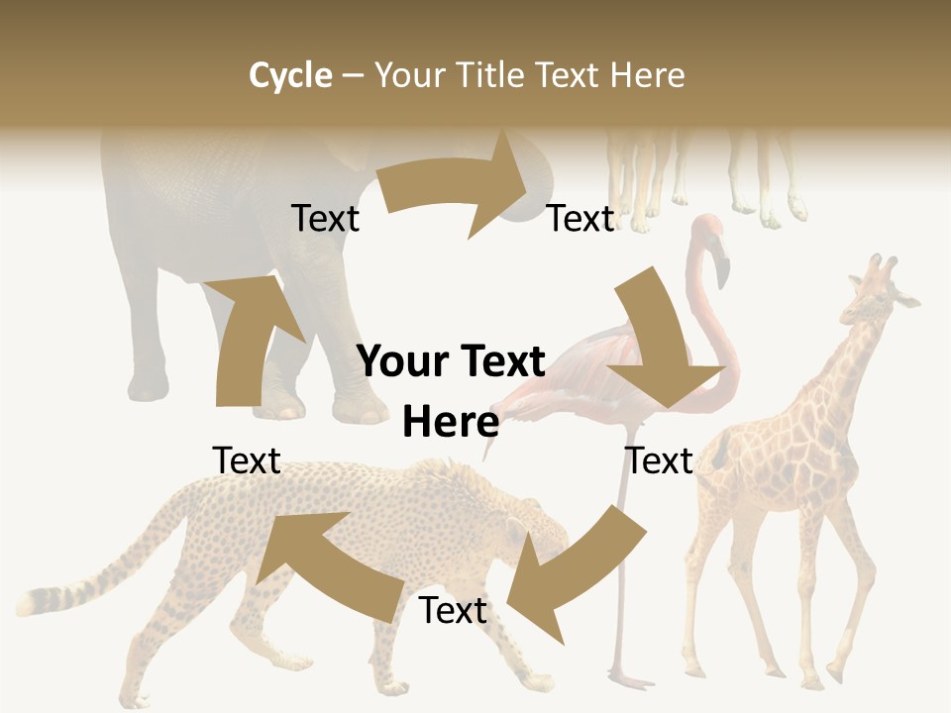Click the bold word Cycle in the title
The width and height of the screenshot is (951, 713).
click(290, 75)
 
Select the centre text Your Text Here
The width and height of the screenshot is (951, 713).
click(451, 391)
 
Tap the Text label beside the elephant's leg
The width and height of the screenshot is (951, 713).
click(325, 219)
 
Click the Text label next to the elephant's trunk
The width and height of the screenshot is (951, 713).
click(581, 219)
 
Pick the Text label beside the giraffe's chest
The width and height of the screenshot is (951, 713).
click(659, 460)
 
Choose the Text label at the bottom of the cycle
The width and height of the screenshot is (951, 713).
click(453, 610)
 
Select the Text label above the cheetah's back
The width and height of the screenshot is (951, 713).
click(247, 460)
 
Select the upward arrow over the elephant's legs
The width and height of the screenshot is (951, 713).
click(248, 337)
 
